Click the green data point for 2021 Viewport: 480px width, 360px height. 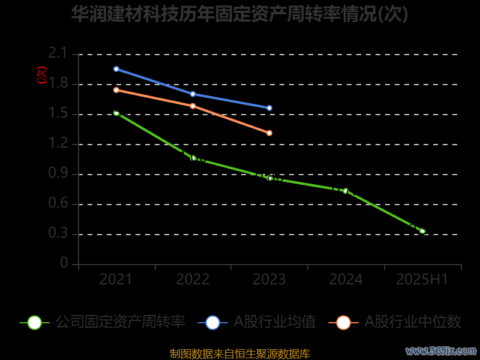tap(116, 113)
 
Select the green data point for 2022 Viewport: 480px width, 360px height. tap(193, 158)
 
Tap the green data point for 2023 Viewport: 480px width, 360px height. tap(270, 178)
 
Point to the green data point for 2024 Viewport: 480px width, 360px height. tap(346, 191)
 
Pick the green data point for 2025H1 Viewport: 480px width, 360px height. tap(422, 231)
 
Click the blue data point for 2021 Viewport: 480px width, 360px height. tap(116, 69)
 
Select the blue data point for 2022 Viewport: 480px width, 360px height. tap(193, 94)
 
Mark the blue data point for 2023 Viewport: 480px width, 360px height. tap(269, 108)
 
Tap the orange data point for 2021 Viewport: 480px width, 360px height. tap(116, 90)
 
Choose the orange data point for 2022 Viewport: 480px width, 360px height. tap(193, 106)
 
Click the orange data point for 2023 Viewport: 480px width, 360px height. tap(269, 133)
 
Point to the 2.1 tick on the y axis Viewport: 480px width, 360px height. tap(58, 54)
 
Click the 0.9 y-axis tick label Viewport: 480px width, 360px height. tap(58, 174)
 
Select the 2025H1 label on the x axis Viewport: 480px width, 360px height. tap(422, 280)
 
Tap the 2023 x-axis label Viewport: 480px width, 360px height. tap(269, 280)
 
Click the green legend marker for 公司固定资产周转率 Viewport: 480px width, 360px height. tap(35, 322)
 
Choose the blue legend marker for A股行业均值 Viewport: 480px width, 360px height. tap(212, 322)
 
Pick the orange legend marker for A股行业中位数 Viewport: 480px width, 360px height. tap(343, 322)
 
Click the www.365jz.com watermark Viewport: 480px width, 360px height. tap(441, 350)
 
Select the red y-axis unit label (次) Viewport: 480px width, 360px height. tap(41, 75)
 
